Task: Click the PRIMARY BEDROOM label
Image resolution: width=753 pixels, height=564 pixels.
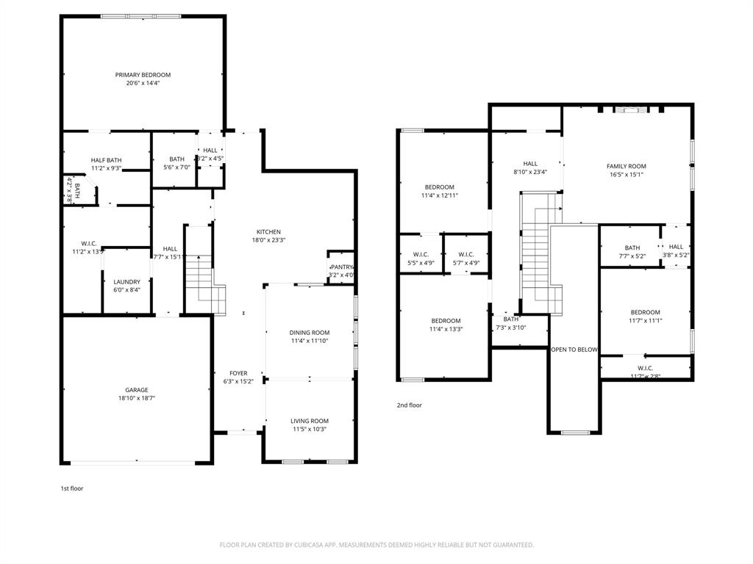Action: coord(143,75)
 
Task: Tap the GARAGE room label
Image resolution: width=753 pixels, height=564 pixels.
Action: coord(136,390)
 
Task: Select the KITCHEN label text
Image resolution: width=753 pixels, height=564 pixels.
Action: coord(268,232)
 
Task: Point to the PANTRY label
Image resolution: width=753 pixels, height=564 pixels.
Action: coord(342,267)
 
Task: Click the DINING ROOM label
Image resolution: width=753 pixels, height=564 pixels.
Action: coord(310,333)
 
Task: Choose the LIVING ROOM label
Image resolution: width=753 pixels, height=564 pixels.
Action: coord(310,421)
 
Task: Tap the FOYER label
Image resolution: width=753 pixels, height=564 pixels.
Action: coord(238,373)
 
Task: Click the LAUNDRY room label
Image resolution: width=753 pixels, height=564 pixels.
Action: coord(126,282)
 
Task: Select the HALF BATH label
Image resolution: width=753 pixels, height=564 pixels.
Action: coord(107,160)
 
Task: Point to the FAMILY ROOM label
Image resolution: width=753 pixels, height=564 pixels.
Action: coord(627,167)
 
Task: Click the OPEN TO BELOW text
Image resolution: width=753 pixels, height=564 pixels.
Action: coord(574,350)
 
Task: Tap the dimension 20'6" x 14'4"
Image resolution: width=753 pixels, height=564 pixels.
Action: coord(143,84)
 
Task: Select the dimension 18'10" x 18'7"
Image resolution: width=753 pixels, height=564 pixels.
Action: coord(136,398)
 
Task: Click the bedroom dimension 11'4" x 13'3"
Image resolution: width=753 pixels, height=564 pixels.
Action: coord(446,329)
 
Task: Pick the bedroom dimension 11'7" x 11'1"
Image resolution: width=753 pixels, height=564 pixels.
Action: coord(646,320)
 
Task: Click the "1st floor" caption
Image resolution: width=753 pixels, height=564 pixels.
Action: coord(72,488)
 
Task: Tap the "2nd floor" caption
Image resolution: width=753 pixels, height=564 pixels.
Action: coord(410,405)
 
